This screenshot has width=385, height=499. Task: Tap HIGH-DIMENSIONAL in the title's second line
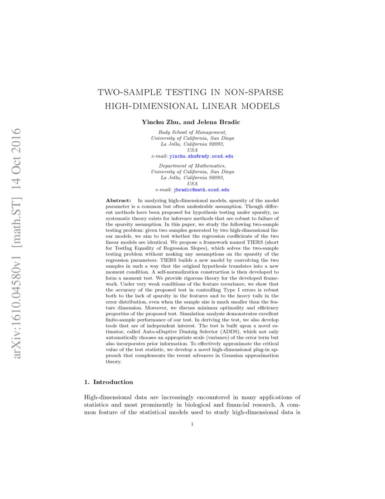[x=150, y=107]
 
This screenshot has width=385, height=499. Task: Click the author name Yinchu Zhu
[x=159, y=122]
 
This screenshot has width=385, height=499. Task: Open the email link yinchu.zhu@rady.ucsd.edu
[x=201, y=156]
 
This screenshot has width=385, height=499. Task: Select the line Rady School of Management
[x=192, y=132]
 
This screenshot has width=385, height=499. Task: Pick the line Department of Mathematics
[x=192, y=166]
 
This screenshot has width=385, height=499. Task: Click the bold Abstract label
[x=118, y=200]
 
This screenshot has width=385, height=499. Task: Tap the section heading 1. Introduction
[x=109, y=382]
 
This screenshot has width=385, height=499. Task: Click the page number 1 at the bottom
[x=192, y=425]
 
